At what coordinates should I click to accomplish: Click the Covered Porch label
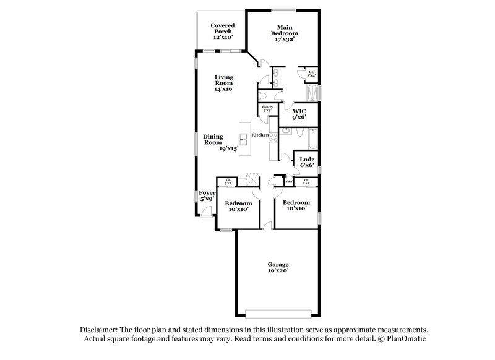coord(223,31)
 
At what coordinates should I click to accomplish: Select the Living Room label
coord(224,83)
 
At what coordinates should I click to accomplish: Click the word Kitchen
coord(260,134)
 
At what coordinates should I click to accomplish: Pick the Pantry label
coord(267,109)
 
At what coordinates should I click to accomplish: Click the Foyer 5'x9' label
coord(206,195)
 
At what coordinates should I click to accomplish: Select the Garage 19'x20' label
coord(277,267)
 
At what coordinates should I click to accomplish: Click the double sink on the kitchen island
coord(244,137)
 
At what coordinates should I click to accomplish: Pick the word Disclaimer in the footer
coord(100,331)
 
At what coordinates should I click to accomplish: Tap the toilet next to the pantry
coord(264,95)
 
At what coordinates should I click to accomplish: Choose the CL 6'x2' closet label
coord(306,182)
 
